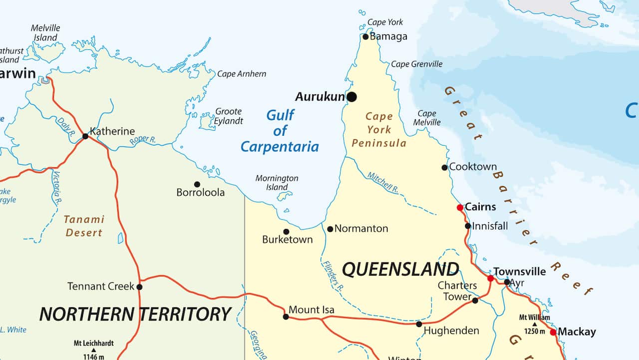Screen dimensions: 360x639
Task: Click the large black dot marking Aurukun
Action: [352, 97]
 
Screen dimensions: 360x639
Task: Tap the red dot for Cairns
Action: [460, 207]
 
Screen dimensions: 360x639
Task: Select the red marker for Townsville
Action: [490, 278]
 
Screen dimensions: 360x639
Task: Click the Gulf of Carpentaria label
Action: [280, 131]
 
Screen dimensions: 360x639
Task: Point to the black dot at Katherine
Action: [85, 136]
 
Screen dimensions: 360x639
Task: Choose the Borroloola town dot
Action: [197, 184]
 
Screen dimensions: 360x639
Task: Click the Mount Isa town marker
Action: [286, 317]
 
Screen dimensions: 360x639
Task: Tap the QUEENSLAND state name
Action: [400, 270]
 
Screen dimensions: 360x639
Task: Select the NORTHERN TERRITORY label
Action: [135, 314]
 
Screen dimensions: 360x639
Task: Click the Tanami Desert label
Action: [84, 226]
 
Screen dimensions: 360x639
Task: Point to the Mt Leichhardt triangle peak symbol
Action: [93, 350]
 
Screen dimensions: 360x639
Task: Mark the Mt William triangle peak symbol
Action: [534, 324]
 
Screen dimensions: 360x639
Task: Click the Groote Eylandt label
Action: [229, 116]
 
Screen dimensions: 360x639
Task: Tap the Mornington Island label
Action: [277, 183]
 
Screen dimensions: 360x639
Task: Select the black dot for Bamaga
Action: [365, 36]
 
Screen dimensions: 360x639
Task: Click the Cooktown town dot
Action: [444, 167]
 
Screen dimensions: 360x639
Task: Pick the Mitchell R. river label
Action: [383, 183]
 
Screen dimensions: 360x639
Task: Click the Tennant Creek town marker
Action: [139, 287]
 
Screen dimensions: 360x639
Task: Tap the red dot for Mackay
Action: [553, 332]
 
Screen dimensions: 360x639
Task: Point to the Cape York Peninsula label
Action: [379, 130]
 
